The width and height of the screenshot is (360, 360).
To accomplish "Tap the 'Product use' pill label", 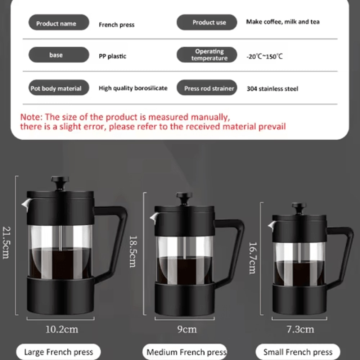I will tap(207, 23).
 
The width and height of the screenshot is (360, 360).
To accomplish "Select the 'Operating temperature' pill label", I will tap(207, 55).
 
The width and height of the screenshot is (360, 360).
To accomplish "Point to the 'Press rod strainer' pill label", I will tap(207, 88).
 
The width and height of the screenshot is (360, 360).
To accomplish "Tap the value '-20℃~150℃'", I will tap(265, 56).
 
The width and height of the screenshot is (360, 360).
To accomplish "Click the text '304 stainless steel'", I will tap(273, 89).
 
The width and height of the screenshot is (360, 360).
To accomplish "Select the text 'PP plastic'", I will tap(113, 56).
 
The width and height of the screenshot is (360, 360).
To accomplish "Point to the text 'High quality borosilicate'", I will tap(133, 88).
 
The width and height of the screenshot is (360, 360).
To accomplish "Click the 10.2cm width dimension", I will tap(62, 329).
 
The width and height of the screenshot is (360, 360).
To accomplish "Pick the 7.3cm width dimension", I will tap(300, 329).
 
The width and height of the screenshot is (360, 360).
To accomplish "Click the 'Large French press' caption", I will tap(58, 352).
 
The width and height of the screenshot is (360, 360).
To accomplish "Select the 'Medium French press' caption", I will tap(186, 352).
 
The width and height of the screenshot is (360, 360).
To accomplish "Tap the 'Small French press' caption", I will tap(298, 352).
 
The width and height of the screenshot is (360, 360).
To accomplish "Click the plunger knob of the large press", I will tap(60, 180).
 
